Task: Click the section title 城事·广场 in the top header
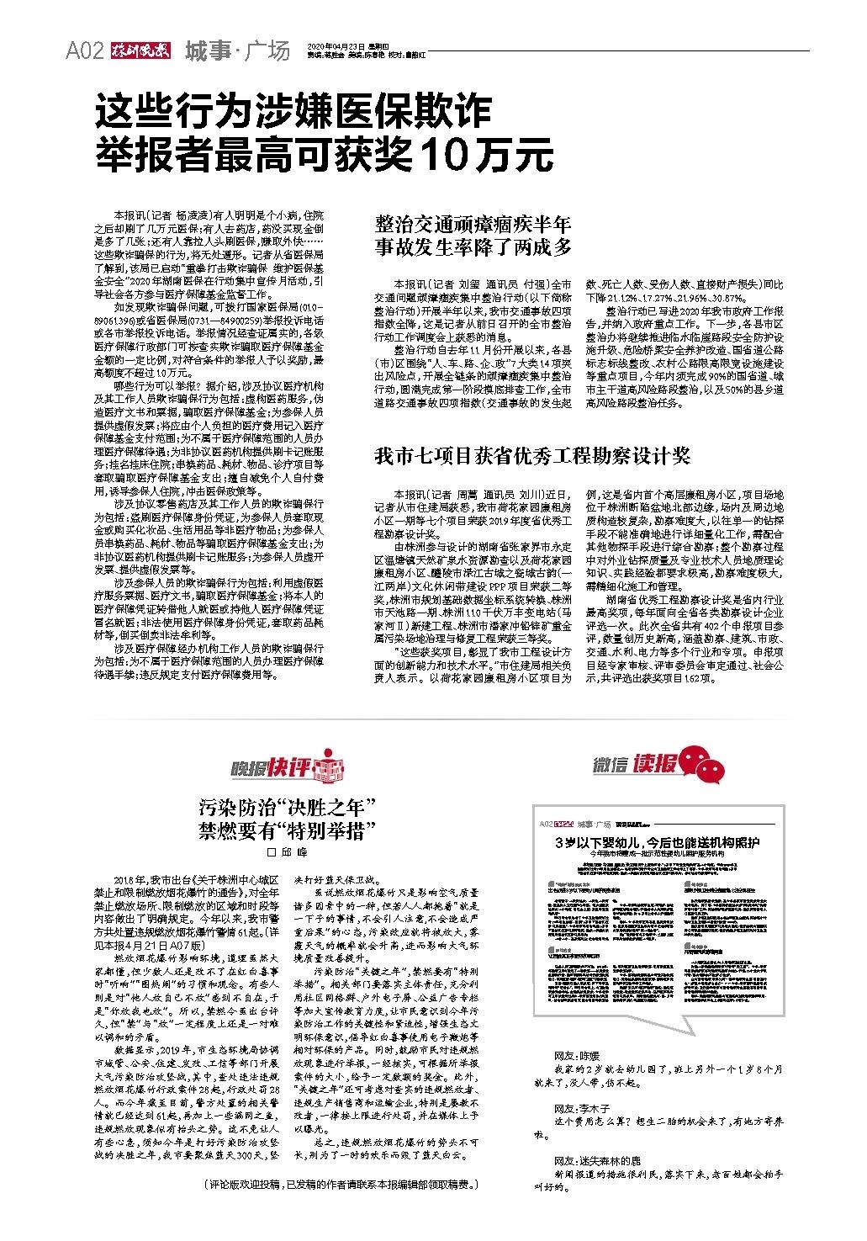237,51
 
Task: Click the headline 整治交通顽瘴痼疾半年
473,224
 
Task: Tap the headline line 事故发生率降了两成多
473,247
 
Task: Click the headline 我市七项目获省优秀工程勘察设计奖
531,456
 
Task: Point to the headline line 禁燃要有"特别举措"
286,831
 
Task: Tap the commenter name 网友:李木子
581,1108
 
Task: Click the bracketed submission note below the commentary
341,1185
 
